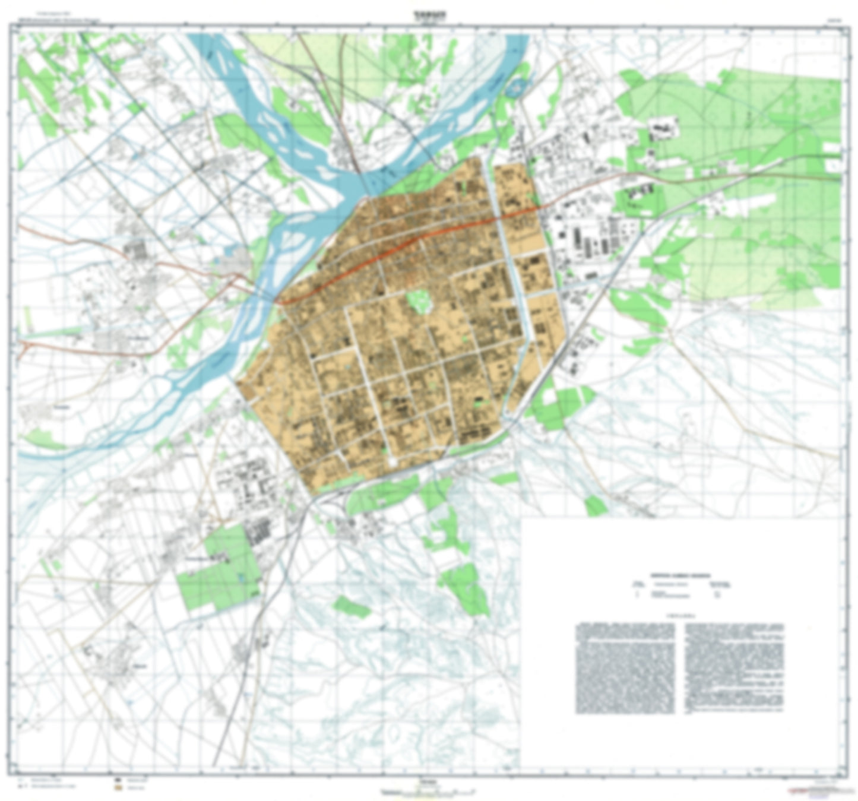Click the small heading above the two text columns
pos(680,616)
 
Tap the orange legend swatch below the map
pos(119,788)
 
